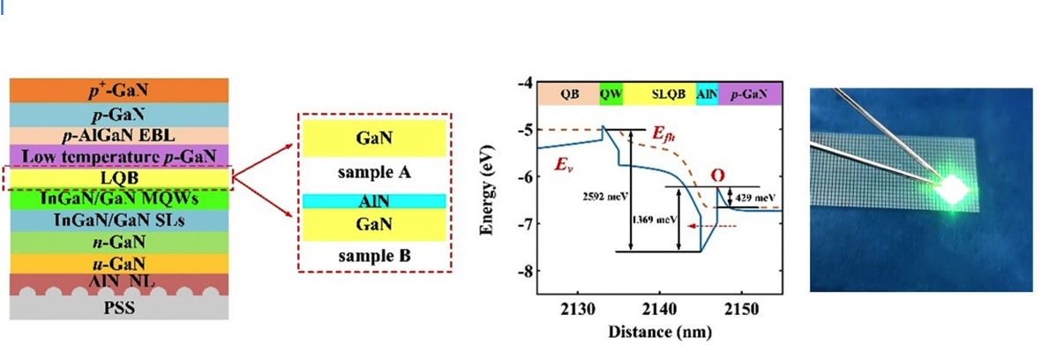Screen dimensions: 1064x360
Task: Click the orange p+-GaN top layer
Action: [119, 91]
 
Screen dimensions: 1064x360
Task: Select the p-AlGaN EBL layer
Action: [119, 136]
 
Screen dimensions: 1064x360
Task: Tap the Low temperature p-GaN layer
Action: [119, 156]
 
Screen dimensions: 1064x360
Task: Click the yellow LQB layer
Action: [119, 178]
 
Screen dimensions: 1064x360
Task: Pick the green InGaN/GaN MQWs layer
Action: [119, 199]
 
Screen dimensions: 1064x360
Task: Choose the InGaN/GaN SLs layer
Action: [119, 221]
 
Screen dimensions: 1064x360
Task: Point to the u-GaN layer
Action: [119, 263]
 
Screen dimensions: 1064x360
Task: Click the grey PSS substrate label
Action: [119, 308]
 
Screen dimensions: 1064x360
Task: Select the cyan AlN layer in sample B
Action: [374, 201]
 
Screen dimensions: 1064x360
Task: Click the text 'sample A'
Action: [374, 172]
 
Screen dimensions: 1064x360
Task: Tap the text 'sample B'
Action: [374, 256]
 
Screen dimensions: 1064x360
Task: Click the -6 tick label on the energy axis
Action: [525, 176]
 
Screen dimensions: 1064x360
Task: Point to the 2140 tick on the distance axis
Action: [659, 309]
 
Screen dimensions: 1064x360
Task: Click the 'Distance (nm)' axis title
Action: [660, 332]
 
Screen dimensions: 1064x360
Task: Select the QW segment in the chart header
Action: [611, 94]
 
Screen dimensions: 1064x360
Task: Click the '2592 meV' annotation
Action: [605, 196]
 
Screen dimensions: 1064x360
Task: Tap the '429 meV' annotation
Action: [755, 198]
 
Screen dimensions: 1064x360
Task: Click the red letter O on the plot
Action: [718, 176]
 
